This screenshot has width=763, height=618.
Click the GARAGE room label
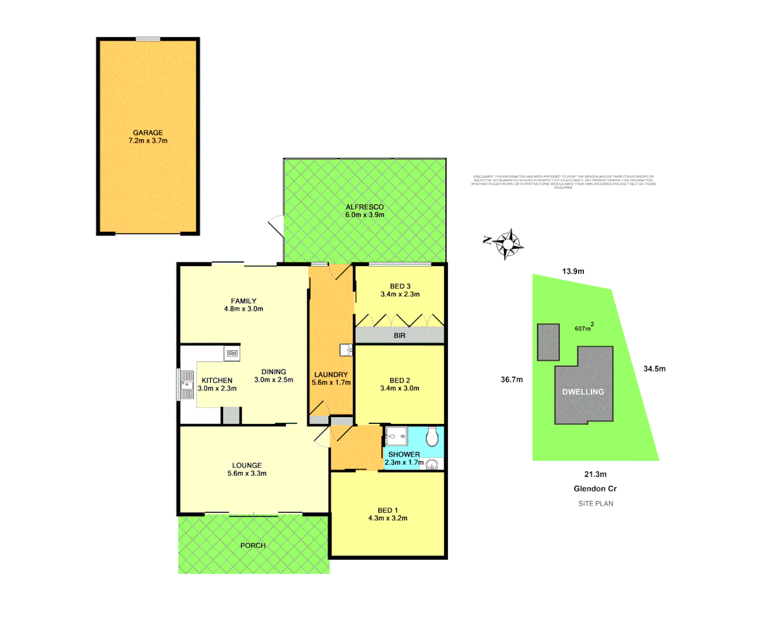pyautogui.click(x=148, y=132)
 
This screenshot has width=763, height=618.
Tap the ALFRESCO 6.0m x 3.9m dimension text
pyautogui.click(x=364, y=215)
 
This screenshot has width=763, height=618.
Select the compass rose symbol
pyautogui.click(x=507, y=244)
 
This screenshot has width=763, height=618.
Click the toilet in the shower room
pyautogui.click(x=432, y=437)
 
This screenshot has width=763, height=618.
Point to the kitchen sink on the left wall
pyautogui.click(x=186, y=384)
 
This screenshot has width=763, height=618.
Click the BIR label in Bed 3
pyautogui.click(x=399, y=335)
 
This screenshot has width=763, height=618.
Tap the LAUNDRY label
pyautogui.click(x=331, y=374)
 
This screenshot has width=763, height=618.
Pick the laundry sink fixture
pyautogui.click(x=345, y=349)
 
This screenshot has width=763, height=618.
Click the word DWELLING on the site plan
pyautogui.click(x=583, y=392)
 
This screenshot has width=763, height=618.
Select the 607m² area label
pyautogui.click(x=584, y=328)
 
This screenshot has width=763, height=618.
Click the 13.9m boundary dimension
pyautogui.click(x=573, y=271)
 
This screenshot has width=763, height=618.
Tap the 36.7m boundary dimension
pyautogui.click(x=511, y=379)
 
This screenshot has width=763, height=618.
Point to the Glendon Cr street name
pyautogui.click(x=595, y=489)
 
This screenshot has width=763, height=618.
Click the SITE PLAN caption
pyautogui.click(x=595, y=504)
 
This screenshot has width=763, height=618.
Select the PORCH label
pyautogui.click(x=253, y=545)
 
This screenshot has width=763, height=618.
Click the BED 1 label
pyautogui.click(x=387, y=510)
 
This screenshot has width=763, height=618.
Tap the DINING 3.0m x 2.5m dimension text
pyautogui.click(x=273, y=380)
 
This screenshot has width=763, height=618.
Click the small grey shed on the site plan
pyautogui.click(x=548, y=342)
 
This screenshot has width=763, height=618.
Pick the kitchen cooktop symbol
pyautogui.click(x=232, y=354)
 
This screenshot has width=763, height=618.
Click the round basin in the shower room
pyautogui.click(x=431, y=463)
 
